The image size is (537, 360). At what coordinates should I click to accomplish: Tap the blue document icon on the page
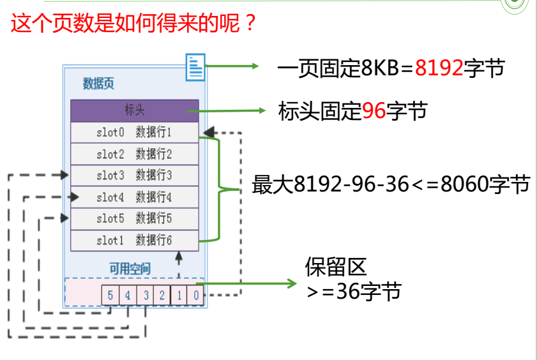[195, 67]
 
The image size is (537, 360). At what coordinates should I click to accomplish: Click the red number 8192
[439, 68]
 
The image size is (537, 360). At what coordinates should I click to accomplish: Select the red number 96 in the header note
[374, 112]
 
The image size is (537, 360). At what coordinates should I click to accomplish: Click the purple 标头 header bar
[134, 110]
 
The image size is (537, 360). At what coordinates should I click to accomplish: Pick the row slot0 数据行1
[134, 133]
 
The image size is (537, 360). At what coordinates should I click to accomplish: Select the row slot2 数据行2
[134, 154]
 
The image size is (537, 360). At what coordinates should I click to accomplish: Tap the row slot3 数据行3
[134, 175]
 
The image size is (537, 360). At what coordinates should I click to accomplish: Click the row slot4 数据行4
[134, 197]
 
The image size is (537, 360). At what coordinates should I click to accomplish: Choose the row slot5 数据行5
[134, 219]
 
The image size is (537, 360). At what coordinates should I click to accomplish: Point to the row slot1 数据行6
[134, 241]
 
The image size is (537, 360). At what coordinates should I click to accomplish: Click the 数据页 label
[98, 84]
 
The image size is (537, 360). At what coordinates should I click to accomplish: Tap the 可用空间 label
[130, 268]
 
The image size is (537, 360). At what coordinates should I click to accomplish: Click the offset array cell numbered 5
[110, 296]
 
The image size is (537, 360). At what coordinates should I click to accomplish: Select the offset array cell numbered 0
[196, 296]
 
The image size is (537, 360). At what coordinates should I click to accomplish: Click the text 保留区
[336, 267]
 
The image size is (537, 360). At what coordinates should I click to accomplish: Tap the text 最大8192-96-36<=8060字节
[391, 184]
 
